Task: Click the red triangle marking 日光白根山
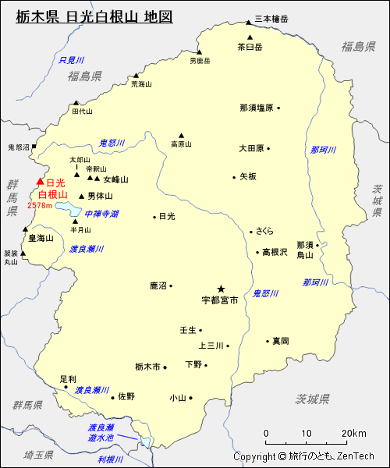tap(41, 182)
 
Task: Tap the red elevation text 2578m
tap(39, 206)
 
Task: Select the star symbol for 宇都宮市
tap(221, 288)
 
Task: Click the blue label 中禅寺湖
tap(101, 213)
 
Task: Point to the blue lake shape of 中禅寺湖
tap(70, 209)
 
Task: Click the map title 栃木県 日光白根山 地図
tap(94, 16)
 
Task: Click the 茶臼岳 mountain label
tap(250, 47)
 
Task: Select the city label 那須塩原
tap(257, 108)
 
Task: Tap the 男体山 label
tap(100, 196)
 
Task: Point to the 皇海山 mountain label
tap(41, 238)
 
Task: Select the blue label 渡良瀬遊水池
tap(101, 433)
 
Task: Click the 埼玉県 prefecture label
tap(37, 454)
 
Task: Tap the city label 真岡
tap(280, 341)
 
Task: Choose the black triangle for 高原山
tap(181, 134)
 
